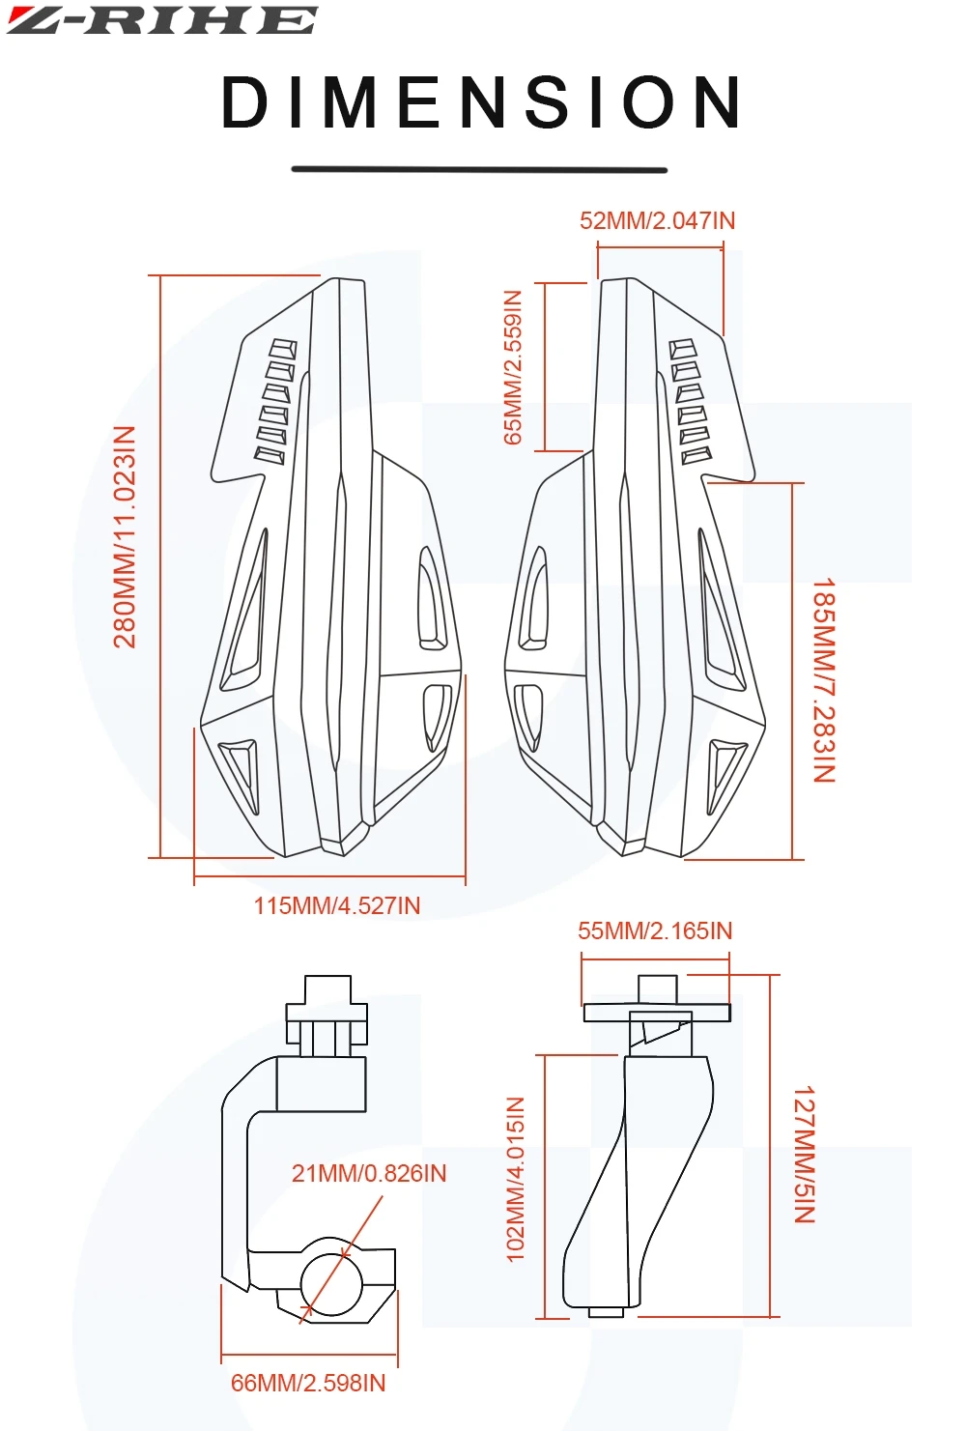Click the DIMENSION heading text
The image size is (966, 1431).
(481, 102)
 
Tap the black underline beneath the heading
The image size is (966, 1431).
(479, 170)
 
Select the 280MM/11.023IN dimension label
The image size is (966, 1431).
(126, 537)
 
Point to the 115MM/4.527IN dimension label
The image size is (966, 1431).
(337, 906)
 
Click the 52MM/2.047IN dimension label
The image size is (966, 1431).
(657, 221)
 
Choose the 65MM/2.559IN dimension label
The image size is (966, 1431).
(513, 367)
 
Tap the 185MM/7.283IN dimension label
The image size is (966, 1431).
(823, 680)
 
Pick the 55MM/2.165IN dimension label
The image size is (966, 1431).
(655, 931)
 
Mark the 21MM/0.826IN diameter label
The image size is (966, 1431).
(369, 1174)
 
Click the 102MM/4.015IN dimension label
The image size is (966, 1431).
(516, 1179)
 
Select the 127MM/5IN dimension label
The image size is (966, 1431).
(805, 1155)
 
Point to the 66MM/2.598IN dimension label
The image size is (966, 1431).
(308, 1384)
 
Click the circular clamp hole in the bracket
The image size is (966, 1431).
(331, 1285)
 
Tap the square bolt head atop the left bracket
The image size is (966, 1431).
(327, 989)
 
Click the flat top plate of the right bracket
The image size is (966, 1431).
(657, 1013)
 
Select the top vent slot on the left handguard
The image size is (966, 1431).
(283, 349)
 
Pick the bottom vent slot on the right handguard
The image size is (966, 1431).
(696, 455)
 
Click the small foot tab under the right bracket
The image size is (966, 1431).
(606, 1312)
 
